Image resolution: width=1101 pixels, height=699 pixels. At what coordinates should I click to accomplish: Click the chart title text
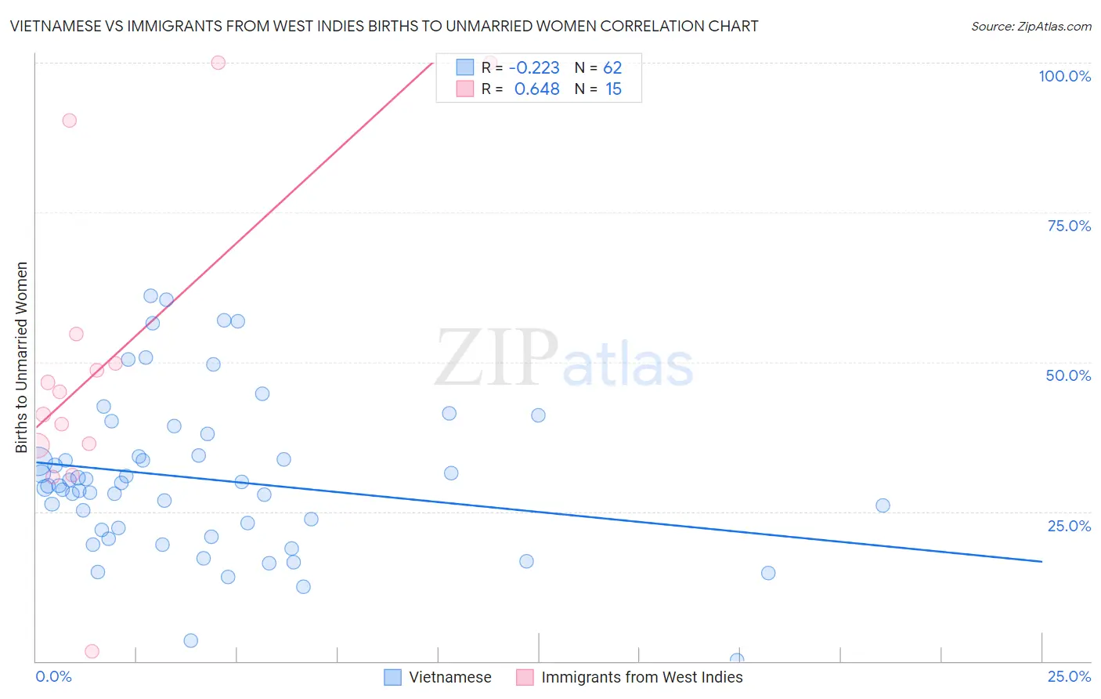(384, 26)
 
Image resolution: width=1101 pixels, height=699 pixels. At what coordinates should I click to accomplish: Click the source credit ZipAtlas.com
(1031, 26)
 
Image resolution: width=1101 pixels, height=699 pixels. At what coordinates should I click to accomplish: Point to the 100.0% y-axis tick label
(1064, 76)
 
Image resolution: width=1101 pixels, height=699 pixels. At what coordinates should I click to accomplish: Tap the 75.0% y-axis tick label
(1069, 226)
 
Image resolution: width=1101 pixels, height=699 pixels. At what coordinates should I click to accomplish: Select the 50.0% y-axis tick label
(1068, 375)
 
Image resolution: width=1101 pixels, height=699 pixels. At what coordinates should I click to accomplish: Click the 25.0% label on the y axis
(1069, 525)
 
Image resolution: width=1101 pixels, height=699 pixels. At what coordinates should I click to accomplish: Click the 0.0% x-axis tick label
(53, 676)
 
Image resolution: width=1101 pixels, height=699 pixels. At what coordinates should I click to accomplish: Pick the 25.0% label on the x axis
(1069, 676)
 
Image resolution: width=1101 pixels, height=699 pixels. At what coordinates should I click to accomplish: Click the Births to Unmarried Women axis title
(21, 357)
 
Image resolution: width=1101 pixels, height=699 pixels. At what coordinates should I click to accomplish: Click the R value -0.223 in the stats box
(534, 68)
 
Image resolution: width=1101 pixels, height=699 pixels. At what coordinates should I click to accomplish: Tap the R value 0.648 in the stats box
(536, 89)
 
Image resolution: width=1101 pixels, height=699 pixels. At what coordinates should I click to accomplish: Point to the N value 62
(612, 68)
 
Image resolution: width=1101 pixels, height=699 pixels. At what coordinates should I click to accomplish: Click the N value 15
(613, 89)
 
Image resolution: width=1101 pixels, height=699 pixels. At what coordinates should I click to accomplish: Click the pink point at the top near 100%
(218, 63)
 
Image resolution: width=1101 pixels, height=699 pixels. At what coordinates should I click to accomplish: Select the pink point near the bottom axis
(92, 651)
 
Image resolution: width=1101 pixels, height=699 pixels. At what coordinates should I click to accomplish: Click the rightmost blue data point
(883, 505)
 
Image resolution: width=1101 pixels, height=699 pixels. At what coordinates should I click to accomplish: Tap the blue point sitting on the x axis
(736, 660)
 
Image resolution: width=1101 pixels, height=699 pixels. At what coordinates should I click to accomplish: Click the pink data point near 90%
(70, 121)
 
